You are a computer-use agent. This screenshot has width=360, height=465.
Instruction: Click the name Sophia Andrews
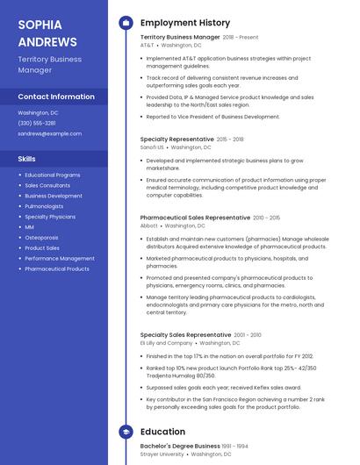[47, 32]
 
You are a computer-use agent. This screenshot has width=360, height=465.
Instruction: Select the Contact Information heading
[56, 97]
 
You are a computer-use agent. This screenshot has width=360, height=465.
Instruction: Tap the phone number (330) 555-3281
[37, 123]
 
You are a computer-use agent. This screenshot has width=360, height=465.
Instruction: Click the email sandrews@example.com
[49, 133]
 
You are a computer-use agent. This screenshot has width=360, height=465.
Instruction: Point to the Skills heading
[27, 159]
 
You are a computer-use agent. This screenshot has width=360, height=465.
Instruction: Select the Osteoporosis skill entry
[41, 237]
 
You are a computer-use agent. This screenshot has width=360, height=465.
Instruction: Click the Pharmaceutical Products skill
[57, 268]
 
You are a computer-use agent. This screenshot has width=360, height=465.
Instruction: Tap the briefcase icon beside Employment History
[126, 23]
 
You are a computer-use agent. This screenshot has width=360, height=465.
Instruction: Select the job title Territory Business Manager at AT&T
[180, 38]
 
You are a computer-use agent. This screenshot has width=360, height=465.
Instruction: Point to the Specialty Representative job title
[176, 139]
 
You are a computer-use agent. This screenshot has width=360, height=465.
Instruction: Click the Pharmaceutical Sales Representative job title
[195, 217]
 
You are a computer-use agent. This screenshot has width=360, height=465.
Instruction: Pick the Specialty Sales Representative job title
[185, 334]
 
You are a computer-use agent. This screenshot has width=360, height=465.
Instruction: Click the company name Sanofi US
[152, 147]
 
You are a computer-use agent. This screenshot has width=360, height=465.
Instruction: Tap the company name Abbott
[149, 225]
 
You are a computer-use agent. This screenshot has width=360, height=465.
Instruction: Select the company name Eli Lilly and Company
[166, 343]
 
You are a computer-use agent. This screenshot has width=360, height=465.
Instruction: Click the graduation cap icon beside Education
[126, 432]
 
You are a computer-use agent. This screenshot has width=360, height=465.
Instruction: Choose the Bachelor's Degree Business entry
[180, 446]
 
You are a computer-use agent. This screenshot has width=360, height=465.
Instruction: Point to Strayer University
[162, 454]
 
